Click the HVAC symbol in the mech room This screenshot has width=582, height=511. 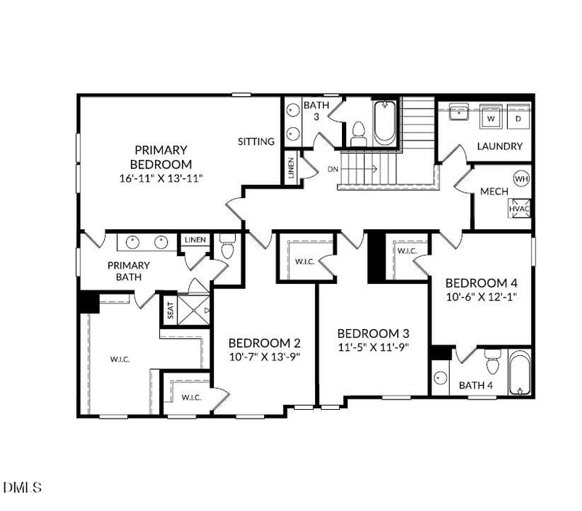pyautogui.click(x=519, y=207)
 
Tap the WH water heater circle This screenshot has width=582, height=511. pyautogui.click(x=521, y=178)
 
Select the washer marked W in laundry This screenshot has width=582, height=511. pyautogui.click(x=491, y=116)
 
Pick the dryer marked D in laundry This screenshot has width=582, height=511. pyautogui.click(x=519, y=116)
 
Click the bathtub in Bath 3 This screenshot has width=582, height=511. pyautogui.click(x=384, y=122)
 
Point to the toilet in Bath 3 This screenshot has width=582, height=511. pyautogui.click(x=357, y=133)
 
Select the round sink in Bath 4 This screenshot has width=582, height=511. pyautogui.click(x=439, y=378)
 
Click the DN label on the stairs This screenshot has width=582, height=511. pyautogui.click(x=333, y=169)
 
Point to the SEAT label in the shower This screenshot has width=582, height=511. pyautogui.click(x=170, y=311)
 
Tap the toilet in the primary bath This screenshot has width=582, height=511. pyautogui.click(x=226, y=248)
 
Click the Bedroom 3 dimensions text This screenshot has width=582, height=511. pyautogui.click(x=373, y=346)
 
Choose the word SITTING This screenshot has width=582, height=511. pyautogui.click(x=256, y=141)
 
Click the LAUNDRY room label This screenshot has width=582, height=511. pyautogui.click(x=500, y=146)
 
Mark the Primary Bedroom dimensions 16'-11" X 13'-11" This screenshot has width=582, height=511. pyautogui.click(x=161, y=177)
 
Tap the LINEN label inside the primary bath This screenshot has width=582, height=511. pyautogui.click(x=195, y=239)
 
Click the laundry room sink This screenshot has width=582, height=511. pyautogui.click(x=458, y=113)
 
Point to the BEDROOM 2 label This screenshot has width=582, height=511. pyautogui.click(x=264, y=343)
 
